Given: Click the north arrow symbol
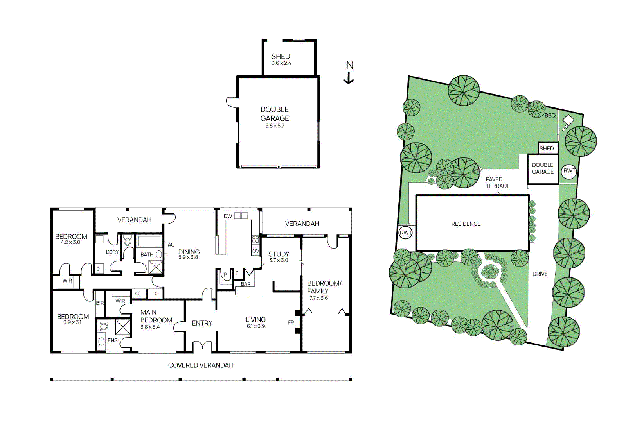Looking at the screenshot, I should point(349,73).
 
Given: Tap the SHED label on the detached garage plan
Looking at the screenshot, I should point(281,56).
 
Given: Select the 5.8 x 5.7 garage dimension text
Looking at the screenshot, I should point(275,126).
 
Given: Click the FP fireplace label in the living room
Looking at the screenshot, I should point(291,323).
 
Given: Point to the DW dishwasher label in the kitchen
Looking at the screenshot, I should point(228,216).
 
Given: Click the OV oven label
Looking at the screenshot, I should point(255,251).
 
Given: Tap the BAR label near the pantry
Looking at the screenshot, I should point(246,284).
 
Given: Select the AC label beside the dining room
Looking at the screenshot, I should point(171,245).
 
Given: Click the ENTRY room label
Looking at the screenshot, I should point(202,323).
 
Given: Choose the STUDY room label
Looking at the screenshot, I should point(279,254).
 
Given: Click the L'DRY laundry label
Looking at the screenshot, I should point(112,252).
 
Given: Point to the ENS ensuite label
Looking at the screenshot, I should point(112,340).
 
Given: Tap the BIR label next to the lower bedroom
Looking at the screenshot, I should point(100,303).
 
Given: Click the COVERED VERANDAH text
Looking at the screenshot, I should point(201,365).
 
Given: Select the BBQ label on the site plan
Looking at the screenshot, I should point(550,115).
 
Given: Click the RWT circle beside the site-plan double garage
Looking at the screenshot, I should point(569,171).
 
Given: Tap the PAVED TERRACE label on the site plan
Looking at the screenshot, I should point(498,183).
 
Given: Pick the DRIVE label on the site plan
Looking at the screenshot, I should point(540,274).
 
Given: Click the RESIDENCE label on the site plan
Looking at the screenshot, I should point(466,224).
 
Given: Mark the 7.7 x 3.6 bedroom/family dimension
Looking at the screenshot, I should point(318,298).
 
